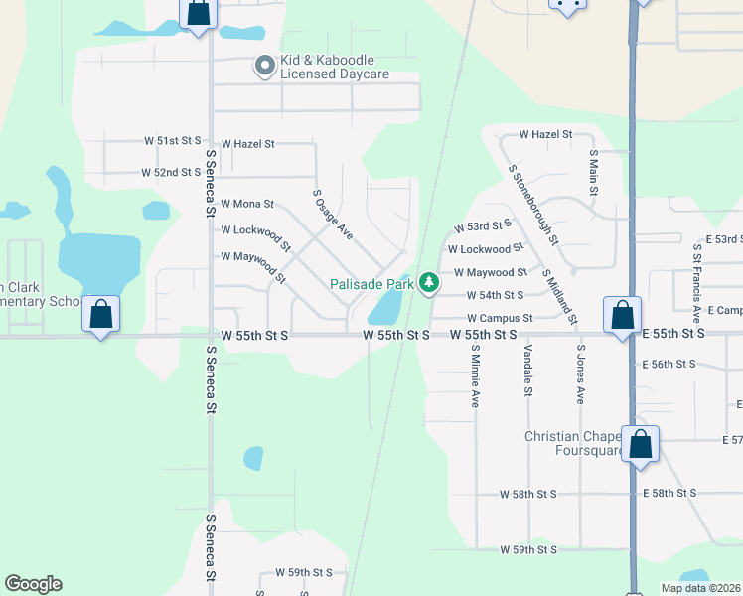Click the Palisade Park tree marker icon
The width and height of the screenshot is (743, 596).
[x=429, y=284]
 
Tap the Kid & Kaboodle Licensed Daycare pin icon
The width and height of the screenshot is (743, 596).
[x=265, y=67]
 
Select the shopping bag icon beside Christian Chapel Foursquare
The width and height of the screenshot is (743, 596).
[x=641, y=444]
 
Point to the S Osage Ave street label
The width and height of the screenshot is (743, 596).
[x=333, y=215]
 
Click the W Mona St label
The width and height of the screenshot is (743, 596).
[x=246, y=204]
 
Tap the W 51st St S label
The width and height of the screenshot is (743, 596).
[x=179, y=142]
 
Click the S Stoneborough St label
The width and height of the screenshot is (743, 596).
[x=534, y=206]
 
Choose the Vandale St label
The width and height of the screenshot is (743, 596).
[x=528, y=372]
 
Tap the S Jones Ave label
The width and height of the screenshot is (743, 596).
[x=581, y=375]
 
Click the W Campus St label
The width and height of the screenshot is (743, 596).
[x=500, y=318]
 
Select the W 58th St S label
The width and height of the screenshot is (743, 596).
[x=531, y=494]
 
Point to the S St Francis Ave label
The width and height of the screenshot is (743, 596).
[x=697, y=283]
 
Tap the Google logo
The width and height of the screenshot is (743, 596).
[x=34, y=584]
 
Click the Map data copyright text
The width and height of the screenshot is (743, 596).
[x=700, y=588]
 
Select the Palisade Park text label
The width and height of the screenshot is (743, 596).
[x=371, y=284]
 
